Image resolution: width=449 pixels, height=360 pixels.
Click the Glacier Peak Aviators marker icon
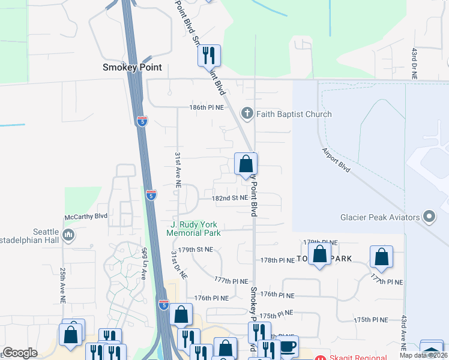(x=429, y=217)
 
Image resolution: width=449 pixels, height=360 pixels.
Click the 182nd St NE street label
(x=230, y=197)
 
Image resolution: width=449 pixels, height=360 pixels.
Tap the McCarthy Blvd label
(x=86, y=216)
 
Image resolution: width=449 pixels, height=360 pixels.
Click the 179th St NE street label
(x=196, y=250)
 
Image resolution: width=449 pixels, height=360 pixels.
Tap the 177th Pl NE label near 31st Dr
(x=231, y=280)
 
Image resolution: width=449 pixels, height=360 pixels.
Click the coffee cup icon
(x=288, y=346)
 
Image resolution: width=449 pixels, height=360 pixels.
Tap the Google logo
(x=20, y=353)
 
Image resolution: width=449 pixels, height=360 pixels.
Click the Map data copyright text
(x=424, y=355)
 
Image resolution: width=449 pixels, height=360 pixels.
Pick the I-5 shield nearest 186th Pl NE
(x=142, y=121)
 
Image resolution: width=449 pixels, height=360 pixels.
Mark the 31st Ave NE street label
(x=178, y=170)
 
